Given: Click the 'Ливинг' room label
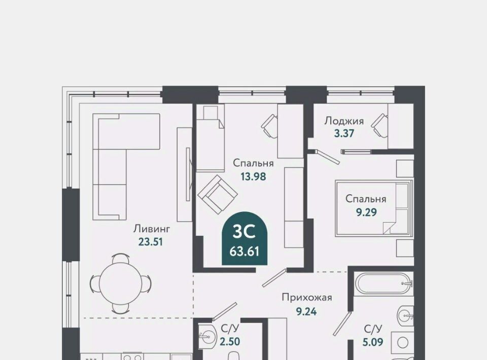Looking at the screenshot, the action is click(152, 229).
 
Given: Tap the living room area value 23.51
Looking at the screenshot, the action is click(151, 241).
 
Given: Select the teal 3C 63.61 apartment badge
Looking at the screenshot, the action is click(245, 238).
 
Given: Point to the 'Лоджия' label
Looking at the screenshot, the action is click(344, 121).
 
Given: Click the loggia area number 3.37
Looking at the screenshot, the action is click(344, 133).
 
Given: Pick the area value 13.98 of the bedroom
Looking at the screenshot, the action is click(254, 176).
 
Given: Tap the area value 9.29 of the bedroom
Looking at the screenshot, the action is click(366, 212).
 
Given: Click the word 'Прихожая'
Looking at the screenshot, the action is click(307, 297).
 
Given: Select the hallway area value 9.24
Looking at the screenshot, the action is click(306, 311).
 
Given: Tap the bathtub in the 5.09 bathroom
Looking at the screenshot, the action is click(384, 283).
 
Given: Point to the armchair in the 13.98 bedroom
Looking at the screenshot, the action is click(218, 194).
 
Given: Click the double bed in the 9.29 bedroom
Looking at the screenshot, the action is click(374, 207).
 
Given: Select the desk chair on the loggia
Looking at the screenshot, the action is click(379, 126).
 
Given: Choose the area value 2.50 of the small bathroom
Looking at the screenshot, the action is click(230, 342).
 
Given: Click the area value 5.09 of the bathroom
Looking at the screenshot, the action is click(373, 342).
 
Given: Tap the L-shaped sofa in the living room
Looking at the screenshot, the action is click(126, 167).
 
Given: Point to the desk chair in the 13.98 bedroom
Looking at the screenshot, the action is click(269, 126).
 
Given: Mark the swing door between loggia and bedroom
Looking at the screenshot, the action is click(328, 157).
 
